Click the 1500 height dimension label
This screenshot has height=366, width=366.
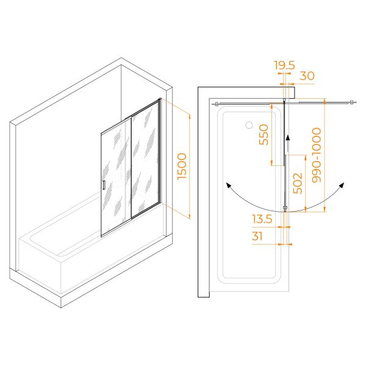(x=182, y=166)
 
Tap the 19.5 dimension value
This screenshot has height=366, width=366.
(x=284, y=65)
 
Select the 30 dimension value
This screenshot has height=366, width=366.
(x=307, y=76)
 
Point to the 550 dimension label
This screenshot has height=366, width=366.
(x=264, y=135)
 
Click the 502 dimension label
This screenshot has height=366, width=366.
(x=298, y=183)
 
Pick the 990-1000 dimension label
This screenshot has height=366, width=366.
(x=317, y=155)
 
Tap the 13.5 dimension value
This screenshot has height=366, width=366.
(x=262, y=219)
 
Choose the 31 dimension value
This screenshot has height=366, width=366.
(x=257, y=236)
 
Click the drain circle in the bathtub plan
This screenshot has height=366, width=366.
(x=249, y=125)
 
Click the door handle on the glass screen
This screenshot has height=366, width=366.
(x=104, y=185)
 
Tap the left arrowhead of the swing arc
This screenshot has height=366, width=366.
(x=228, y=185)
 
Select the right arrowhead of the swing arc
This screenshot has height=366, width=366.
(x=342, y=185)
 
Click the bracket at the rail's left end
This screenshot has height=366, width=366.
(x=216, y=104)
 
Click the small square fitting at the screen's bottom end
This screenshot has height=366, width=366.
(x=285, y=207)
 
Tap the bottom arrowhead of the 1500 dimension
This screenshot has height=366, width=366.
(x=190, y=217)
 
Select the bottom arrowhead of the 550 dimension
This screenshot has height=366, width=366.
(x=271, y=163)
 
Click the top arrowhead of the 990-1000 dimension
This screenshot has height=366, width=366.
(x=325, y=101)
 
